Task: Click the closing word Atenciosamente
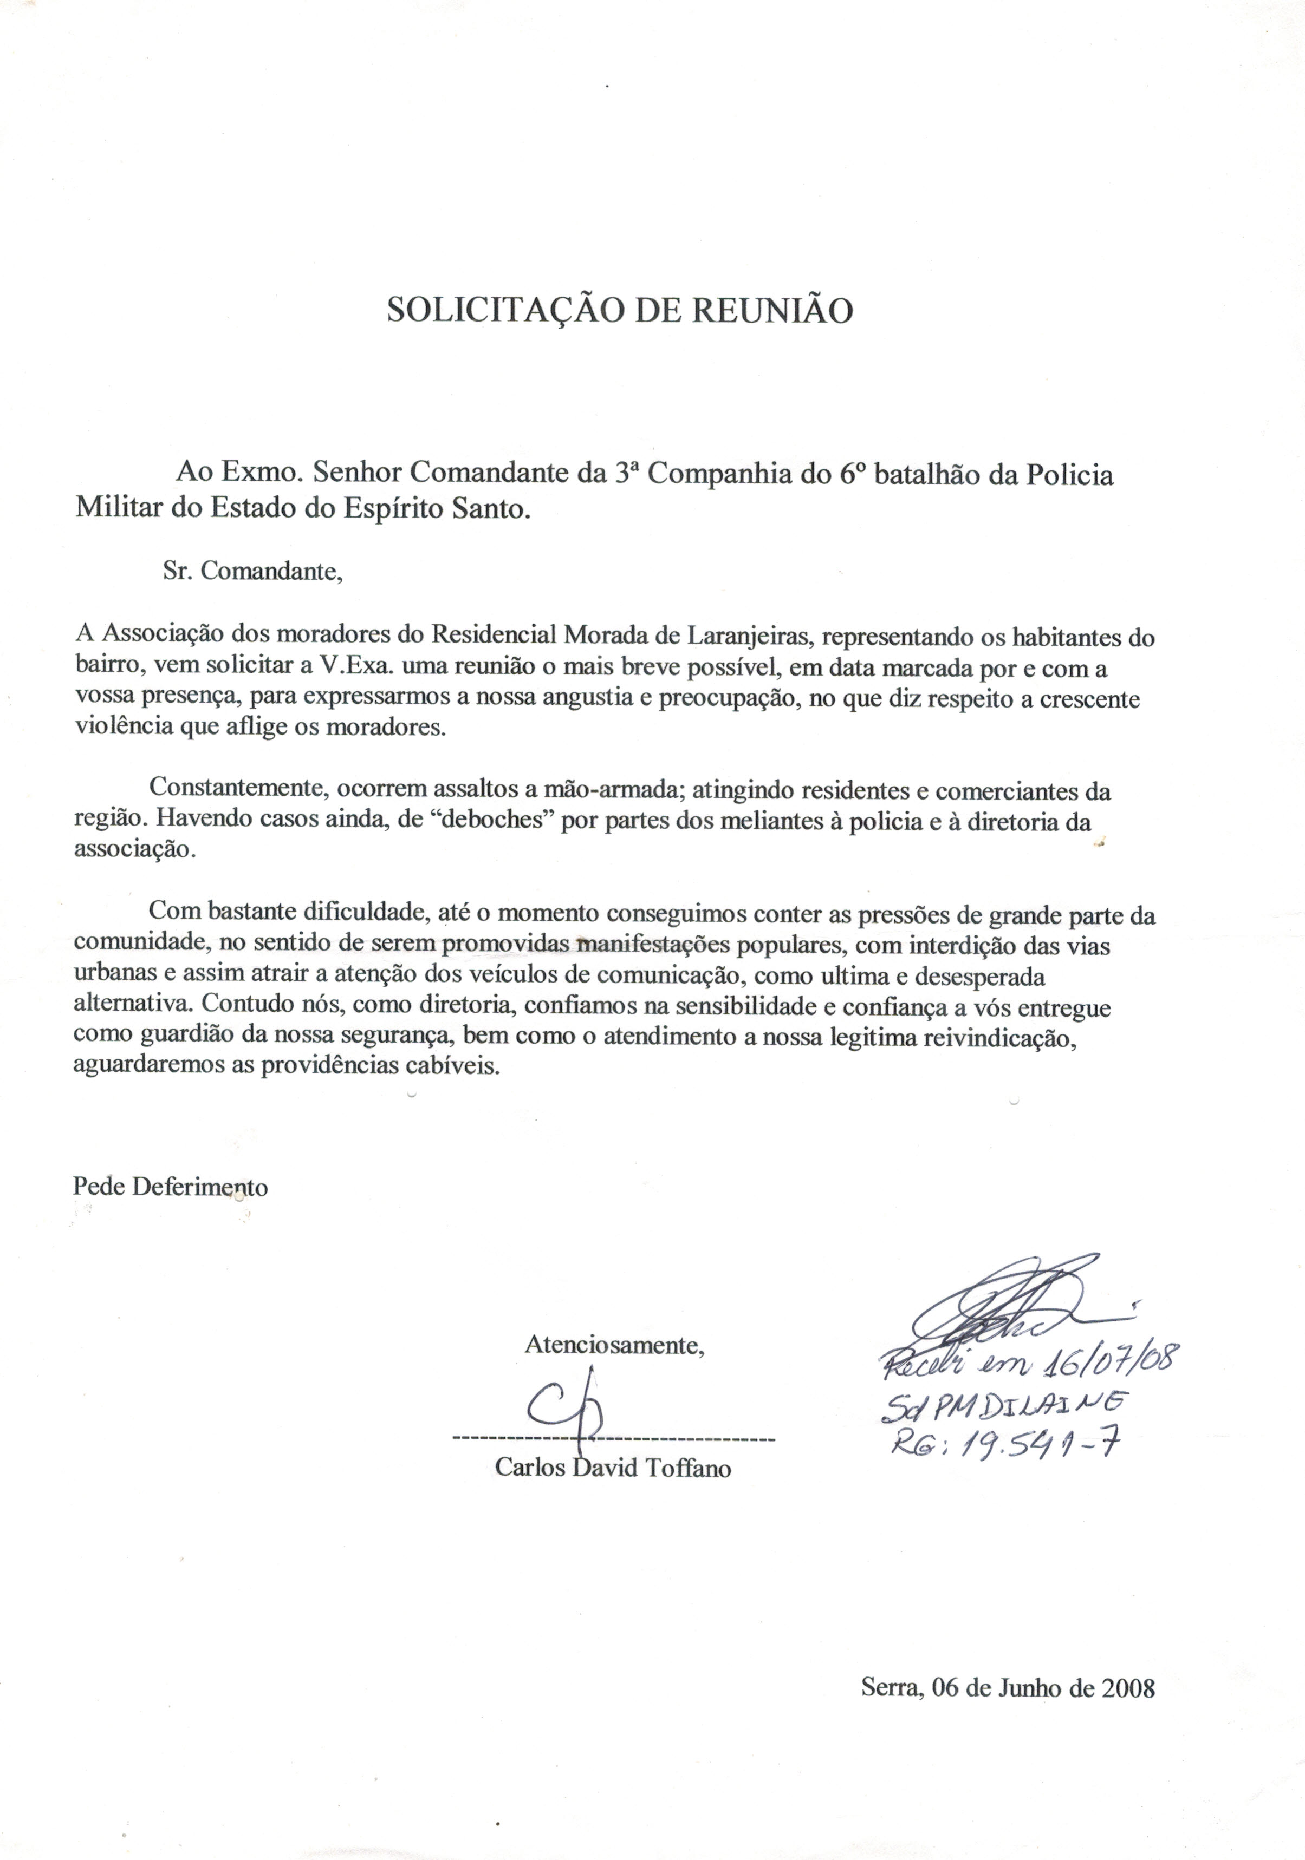(x=614, y=1346)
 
